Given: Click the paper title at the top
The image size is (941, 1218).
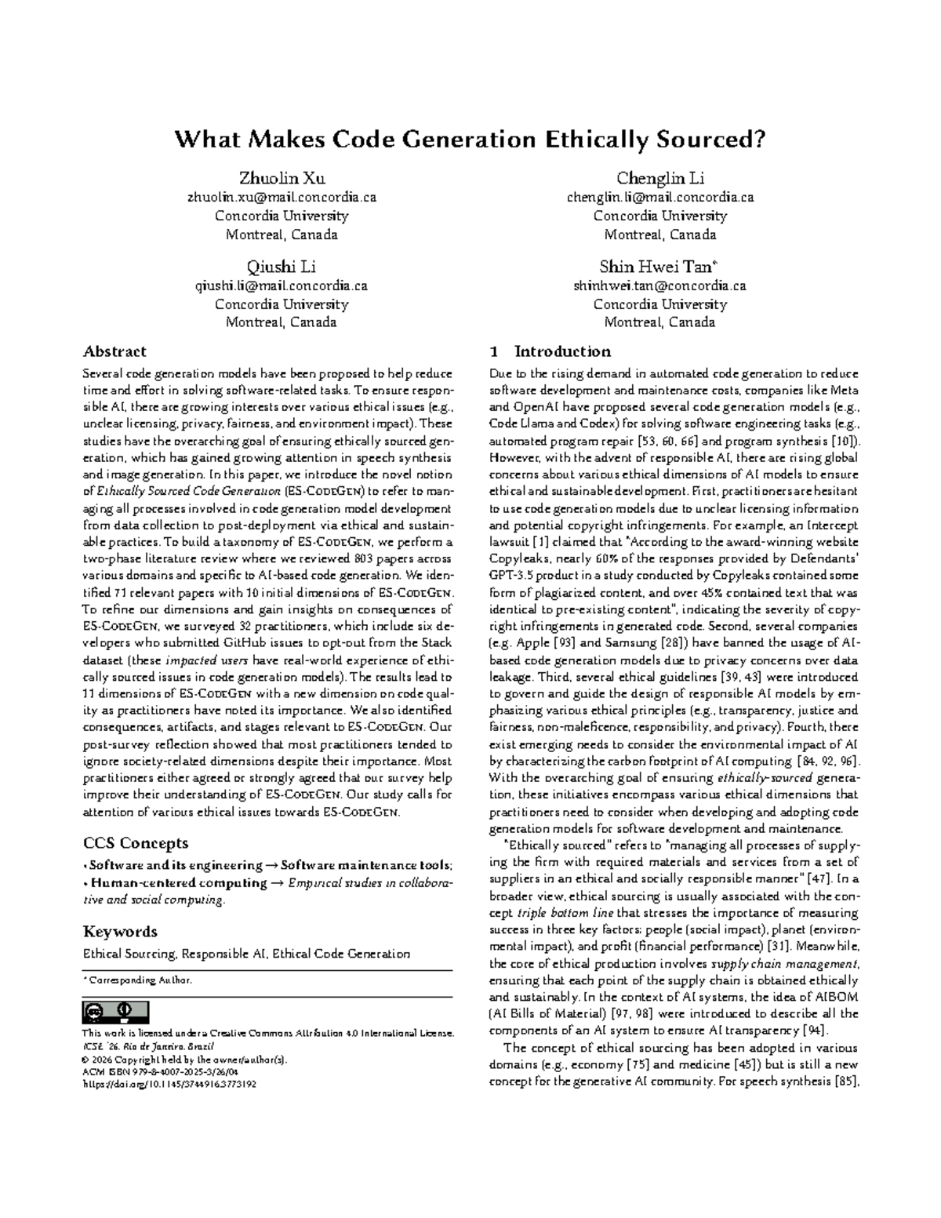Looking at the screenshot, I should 469,140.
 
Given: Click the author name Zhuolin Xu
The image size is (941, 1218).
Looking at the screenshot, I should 281,180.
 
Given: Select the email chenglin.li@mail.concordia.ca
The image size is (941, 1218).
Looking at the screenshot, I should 659,198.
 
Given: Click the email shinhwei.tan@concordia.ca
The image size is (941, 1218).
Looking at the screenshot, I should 659,286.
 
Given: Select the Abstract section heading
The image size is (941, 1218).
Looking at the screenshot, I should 114,351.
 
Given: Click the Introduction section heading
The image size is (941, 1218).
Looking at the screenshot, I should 561,351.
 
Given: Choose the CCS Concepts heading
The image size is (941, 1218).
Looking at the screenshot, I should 136,843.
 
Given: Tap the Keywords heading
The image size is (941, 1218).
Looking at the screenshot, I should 120,932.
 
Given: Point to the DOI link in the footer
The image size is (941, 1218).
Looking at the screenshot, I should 169,1085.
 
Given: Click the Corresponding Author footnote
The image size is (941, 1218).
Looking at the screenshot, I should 139,980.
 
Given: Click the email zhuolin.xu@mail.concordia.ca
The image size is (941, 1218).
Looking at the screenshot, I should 281,198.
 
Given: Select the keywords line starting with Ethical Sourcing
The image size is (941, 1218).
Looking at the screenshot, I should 246,954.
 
